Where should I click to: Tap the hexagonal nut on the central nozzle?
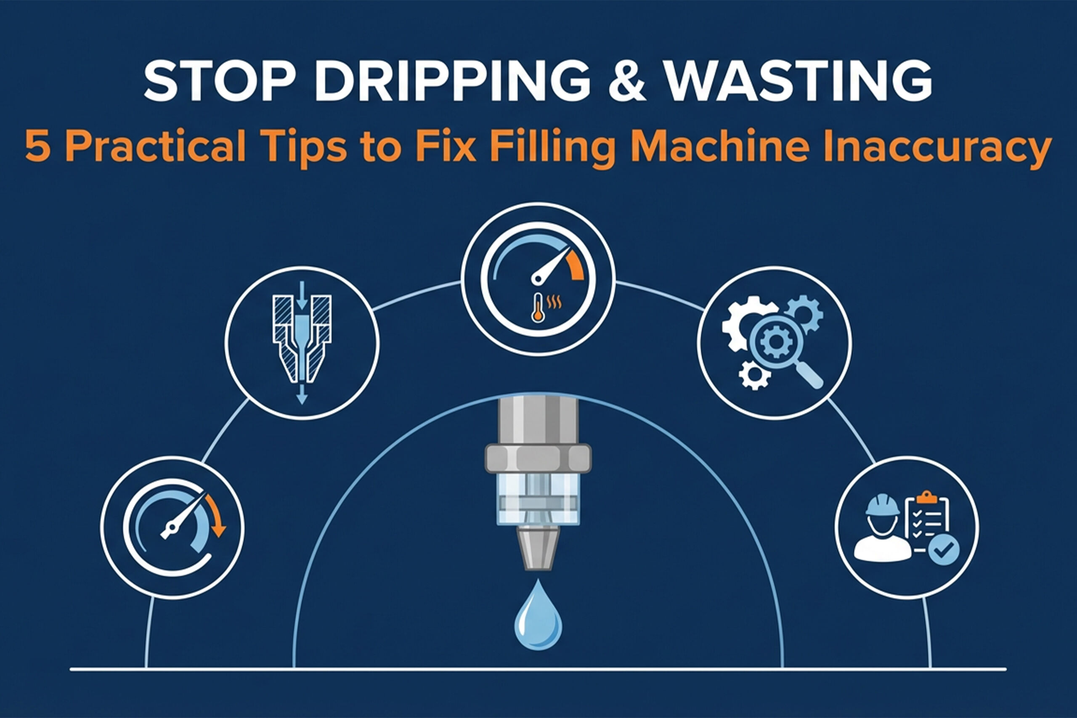pyautogui.click(x=538, y=458)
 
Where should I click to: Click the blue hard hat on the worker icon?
pyautogui.click(x=882, y=505)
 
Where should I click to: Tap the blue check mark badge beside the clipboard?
pyautogui.click(x=944, y=549)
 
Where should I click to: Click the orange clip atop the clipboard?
pyautogui.click(x=927, y=497)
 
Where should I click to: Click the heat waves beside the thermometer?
pyautogui.click(x=554, y=302)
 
